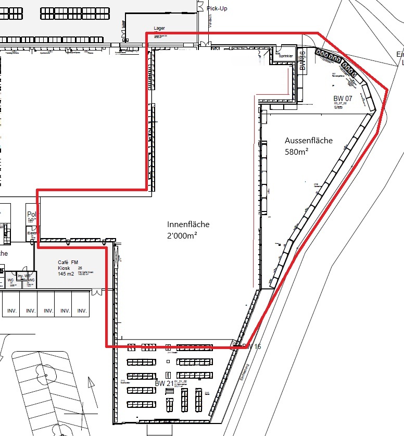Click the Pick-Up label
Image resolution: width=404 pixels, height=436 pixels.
tap(217, 8)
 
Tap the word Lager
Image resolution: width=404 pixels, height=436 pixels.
tap(159, 28)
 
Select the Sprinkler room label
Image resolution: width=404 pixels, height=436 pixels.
tap(286, 56)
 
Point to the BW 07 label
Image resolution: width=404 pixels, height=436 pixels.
tap(343, 98)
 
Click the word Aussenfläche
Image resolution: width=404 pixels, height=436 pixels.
tap(309, 141)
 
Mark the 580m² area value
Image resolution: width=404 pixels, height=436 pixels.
tap(297, 152)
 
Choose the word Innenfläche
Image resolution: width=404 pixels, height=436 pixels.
tap(188, 225)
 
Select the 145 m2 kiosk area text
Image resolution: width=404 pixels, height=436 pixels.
tap(67, 274)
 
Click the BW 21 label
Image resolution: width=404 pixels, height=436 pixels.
tap(163, 383)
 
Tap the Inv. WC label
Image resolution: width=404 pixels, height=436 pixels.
tap(23, 276)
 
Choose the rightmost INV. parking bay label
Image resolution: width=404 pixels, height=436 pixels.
tap(82, 311)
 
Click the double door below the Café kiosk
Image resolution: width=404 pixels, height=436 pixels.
tap(97, 292)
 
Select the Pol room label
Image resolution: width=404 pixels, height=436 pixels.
tap(31, 215)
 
